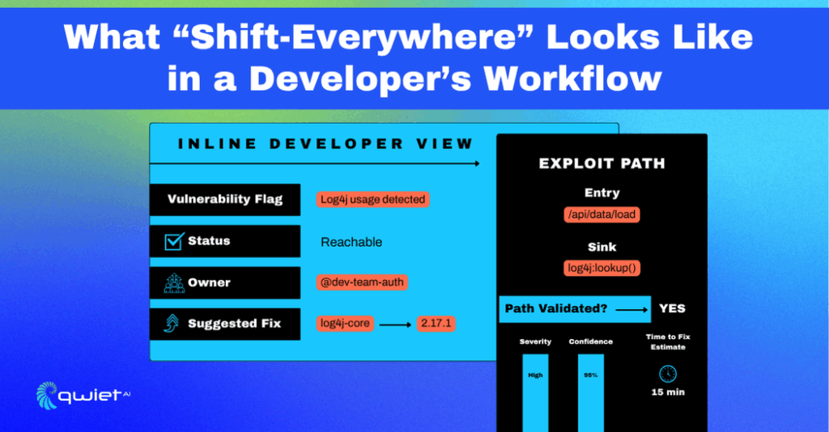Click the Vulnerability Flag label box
[x=225, y=200]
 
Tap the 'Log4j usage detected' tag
[x=372, y=200]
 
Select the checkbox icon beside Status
[x=174, y=241]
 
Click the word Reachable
[x=351, y=242]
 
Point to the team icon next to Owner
[x=174, y=282]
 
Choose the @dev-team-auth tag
[x=362, y=282]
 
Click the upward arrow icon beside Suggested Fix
[x=172, y=324]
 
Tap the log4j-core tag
[x=345, y=324]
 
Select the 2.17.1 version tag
[x=436, y=324]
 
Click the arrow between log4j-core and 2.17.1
[x=395, y=324]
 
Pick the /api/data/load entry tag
[x=602, y=214]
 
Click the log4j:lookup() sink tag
[x=602, y=268]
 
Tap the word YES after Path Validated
[x=672, y=308]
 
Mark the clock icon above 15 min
[x=668, y=374]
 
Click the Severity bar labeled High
[x=536, y=393]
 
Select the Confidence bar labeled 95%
[x=591, y=393]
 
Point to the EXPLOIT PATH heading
[x=602, y=163]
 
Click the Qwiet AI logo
[x=83, y=396]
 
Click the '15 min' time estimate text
[x=668, y=392]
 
